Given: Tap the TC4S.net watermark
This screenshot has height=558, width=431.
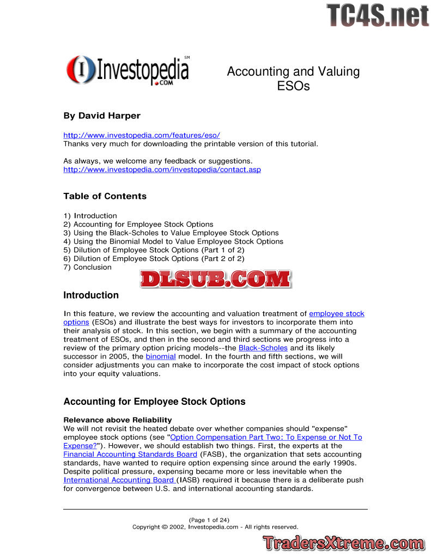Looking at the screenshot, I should coord(378,15).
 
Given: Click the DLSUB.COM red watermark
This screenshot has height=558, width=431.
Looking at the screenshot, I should coord(215,279).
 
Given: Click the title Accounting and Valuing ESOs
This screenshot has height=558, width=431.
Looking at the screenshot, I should coord(293,78).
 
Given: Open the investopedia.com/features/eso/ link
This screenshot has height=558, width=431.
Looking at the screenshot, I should coord(142,135).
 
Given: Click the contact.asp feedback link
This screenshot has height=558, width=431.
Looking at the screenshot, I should coord(162,169).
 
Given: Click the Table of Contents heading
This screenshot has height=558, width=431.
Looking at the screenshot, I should coord(105,196).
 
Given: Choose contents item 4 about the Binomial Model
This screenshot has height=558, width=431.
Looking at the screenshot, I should coord(173,241).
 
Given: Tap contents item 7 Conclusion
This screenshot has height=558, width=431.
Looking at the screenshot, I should coord(87,267).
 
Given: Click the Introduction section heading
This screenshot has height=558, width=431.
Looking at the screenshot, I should coord(91,295).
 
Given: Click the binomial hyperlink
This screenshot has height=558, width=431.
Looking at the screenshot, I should coord(161,356).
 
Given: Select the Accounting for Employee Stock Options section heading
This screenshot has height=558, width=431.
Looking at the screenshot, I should coord(154,402).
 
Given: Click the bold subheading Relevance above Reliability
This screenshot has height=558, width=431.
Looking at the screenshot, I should coord(118,420).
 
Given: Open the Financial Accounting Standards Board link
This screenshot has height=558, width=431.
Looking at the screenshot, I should coord(130,454).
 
